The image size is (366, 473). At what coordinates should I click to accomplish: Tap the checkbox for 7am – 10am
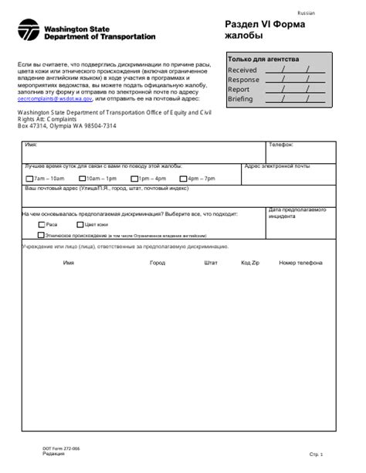pos(29,179)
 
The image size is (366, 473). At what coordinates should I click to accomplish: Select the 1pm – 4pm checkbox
pos(134,179)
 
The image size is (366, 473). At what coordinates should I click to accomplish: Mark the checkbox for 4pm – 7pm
pos(183,179)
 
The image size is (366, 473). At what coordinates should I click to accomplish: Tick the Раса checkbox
pos(42,223)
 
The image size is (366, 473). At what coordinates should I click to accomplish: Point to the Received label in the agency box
pos(242,70)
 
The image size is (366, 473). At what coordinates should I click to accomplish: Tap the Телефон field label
pos(280,145)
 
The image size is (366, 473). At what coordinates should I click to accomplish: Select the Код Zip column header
pos(250,263)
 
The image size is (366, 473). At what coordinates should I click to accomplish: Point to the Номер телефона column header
pos(300,263)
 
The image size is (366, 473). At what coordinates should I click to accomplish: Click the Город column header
pos(158,263)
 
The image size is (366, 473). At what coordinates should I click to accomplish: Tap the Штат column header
pos(211,263)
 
